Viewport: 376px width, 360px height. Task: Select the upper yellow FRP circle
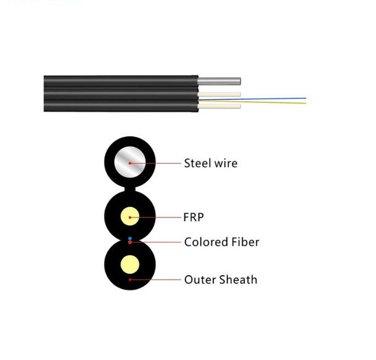coord(129,217)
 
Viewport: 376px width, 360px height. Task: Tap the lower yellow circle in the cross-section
coord(129,266)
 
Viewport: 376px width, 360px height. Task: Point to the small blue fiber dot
coord(129,237)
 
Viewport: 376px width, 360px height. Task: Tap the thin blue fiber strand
coord(277,97)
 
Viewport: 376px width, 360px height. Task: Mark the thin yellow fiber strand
coord(277,103)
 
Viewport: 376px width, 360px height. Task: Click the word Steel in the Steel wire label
coord(197,163)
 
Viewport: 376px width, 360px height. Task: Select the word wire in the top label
coord(226,163)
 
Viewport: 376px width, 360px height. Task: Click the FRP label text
coord(194,218)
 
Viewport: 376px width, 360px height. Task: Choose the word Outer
coord(198,280)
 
